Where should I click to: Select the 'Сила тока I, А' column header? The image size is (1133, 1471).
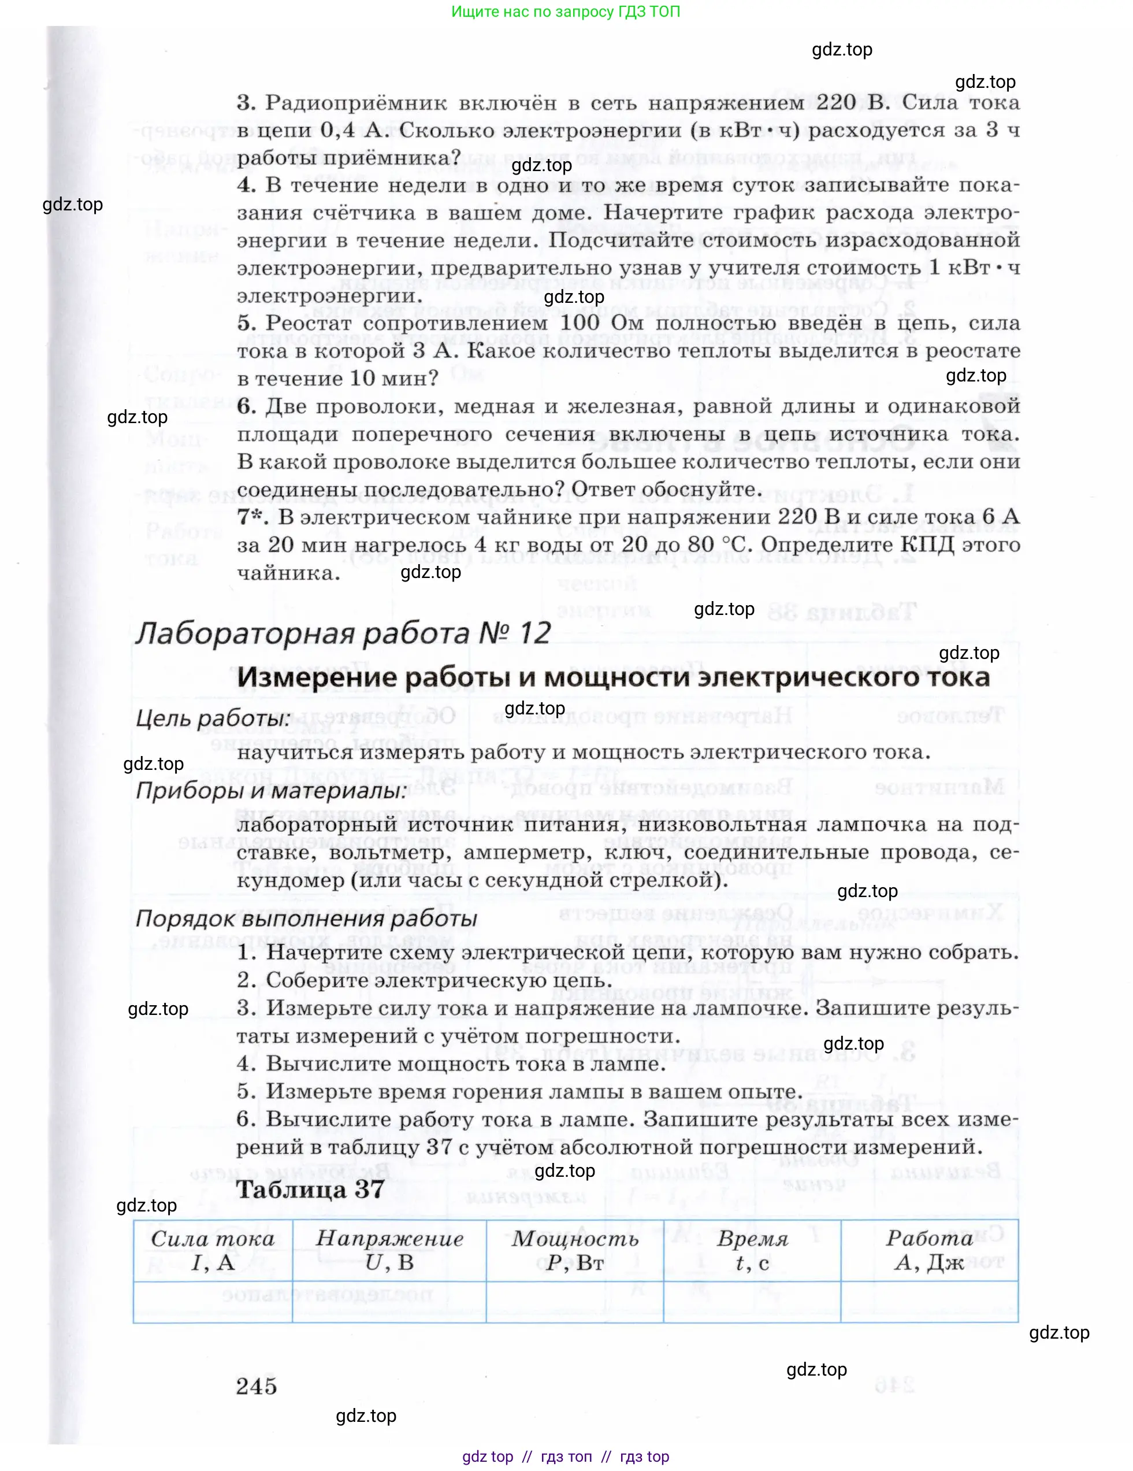213,1250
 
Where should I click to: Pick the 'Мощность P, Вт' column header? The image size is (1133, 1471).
574,1250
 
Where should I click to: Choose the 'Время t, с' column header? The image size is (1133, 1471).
752,1250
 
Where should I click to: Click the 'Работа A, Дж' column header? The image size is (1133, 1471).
929,1250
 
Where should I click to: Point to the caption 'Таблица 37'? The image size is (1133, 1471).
310,1190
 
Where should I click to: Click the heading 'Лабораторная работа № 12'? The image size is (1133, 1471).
343,633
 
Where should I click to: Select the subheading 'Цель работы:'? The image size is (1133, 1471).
213,718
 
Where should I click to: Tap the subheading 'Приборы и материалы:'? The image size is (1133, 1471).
272,790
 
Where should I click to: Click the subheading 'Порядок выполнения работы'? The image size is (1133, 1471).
306,918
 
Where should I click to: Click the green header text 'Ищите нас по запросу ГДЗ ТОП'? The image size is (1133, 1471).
566,12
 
